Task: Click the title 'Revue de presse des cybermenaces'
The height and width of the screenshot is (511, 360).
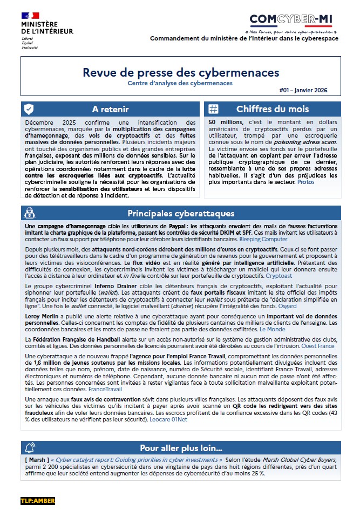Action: coord(181,72)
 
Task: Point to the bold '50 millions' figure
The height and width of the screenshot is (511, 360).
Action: coord(225,123)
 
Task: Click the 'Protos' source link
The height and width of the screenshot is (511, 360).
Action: coord(306,182)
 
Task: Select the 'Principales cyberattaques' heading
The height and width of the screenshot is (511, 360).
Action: coord(181,213)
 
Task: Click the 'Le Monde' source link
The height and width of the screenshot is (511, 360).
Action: coord(273,328)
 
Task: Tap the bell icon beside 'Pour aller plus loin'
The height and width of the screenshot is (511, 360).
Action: coord(29,448)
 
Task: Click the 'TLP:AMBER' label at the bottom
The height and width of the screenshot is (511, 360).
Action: coord(38,501)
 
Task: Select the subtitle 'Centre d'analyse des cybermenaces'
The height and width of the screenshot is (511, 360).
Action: coord(180,83)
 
